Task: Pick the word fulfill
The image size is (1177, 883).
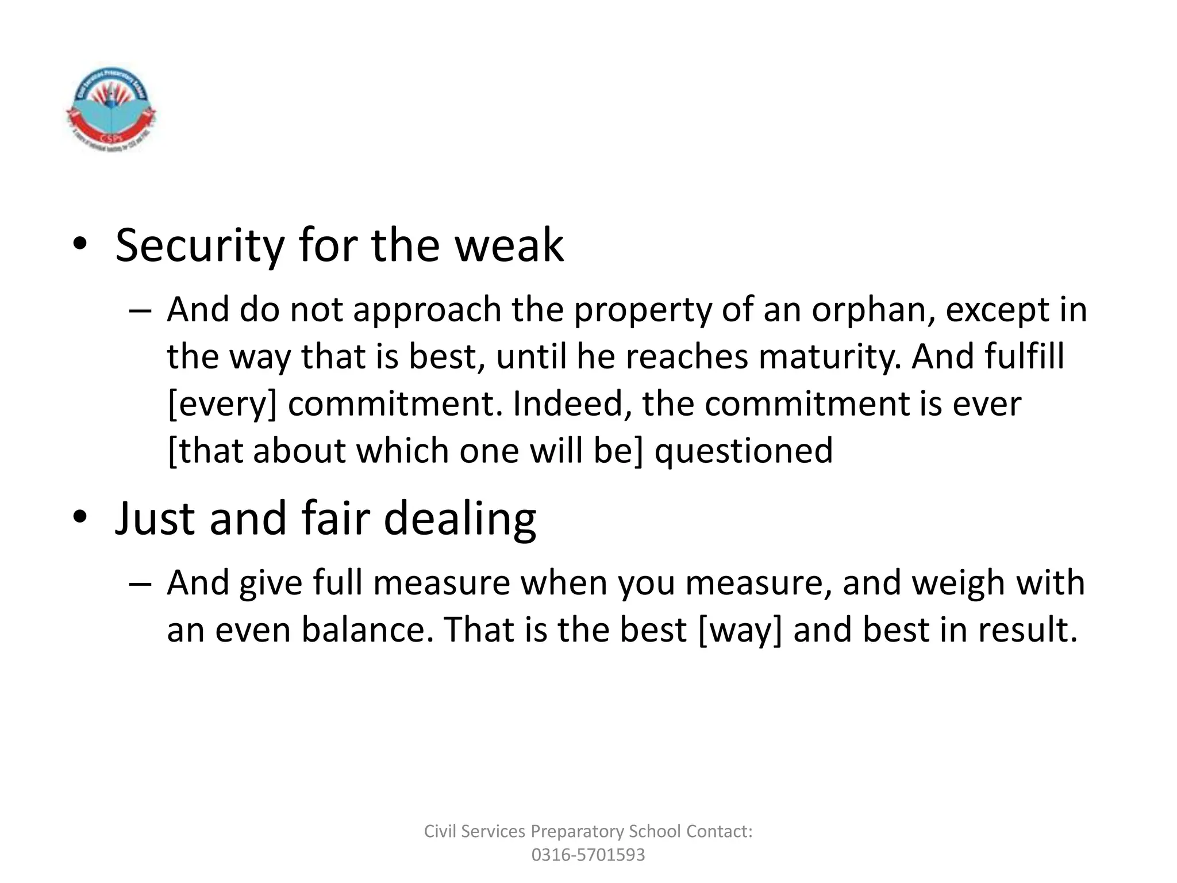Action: [1024, 357]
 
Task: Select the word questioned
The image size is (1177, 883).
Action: [744, 451]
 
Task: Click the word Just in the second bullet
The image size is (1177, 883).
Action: [156, 519]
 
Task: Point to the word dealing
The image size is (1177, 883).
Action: [460, 519]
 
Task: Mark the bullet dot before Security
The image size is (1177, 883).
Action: [80, 244]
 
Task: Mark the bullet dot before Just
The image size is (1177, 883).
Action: [80, 516]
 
